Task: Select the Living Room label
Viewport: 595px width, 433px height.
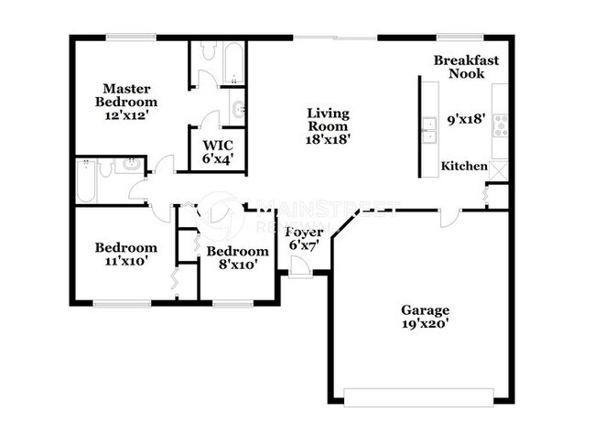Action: pyautogui.click(x=328, y=125)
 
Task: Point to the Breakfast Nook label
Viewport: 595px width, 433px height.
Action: pyautogui.click(x=466, y=67)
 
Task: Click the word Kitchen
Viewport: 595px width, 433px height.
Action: pyautogui.click(x=464, y=166)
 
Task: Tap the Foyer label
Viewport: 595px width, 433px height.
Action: pyautogui.click(x=301, y=239)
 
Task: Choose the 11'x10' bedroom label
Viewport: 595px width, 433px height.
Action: pyautogui.click(x=126, y=254)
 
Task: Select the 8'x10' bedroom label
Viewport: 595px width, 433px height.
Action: pyautogui.click(x=237, y=257)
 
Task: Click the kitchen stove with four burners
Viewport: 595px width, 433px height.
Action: pyautogui.click(x=501, y=124)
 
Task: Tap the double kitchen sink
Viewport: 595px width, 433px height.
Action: pyautogui.click(x=427, y=129)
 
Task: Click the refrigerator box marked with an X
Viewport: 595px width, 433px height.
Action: pyautogui.click(x=499, y=169)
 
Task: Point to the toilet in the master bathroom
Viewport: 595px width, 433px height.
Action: pyautogui.click(x=205, y=54)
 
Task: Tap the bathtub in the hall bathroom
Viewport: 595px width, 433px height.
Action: pyautogui.click(x=87, y=180)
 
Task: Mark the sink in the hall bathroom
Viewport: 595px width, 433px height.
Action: pyautogui.click(x=130, y=165)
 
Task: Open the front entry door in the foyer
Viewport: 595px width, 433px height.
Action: pyautogui.click(x=298, y=266)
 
